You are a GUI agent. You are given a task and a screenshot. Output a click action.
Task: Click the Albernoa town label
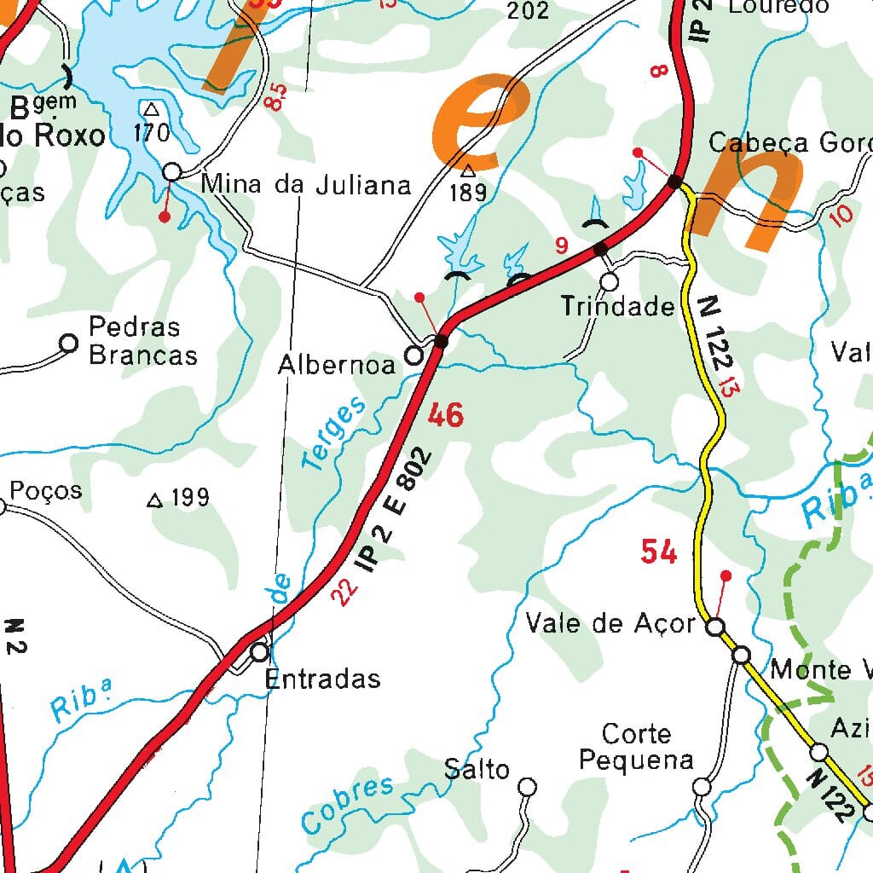337,365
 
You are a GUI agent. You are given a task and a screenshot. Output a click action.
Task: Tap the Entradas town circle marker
260,653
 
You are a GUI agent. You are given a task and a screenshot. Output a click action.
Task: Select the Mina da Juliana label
306,185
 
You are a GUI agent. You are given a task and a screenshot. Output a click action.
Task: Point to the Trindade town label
617,307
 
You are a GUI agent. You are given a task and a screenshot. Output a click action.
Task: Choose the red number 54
659,552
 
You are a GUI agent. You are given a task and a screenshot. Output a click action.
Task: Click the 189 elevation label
468,193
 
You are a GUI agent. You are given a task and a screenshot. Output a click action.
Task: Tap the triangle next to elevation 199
154,500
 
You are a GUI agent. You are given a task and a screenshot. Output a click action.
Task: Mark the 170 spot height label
152,132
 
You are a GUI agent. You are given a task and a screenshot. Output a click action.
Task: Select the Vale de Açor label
610,624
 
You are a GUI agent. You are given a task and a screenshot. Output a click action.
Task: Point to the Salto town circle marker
529,786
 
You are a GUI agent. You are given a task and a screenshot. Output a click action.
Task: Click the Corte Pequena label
636,747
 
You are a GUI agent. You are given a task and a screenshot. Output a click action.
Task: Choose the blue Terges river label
334,433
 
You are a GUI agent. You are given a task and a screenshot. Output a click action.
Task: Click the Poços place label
46,490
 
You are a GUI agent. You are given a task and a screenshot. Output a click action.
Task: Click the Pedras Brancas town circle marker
68,343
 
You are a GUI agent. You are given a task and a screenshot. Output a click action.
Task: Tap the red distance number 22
344,591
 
